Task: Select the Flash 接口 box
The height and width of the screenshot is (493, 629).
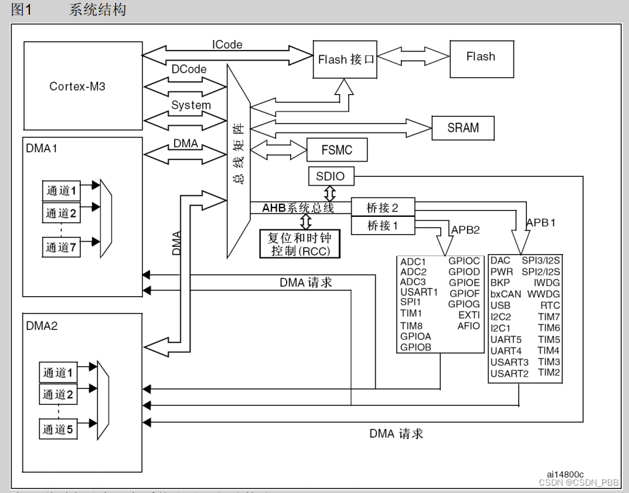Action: coord(346,59)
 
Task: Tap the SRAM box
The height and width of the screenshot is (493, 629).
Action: coord(464,127)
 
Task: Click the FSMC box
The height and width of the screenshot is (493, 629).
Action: coord(337,150)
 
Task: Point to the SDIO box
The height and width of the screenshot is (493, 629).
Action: coord(331,176)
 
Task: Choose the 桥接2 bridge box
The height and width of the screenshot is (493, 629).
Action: coord(382,207)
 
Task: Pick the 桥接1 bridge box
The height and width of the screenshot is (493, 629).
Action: coord(382,225)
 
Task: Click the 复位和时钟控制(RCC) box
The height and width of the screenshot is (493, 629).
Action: coord(299,244)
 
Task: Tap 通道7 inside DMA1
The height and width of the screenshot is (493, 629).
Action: coord(61,248)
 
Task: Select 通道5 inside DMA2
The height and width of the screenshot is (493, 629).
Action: coord(59,429)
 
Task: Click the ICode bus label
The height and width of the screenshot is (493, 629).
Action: coord(227,45)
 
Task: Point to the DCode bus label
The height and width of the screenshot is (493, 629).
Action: coord(189,69)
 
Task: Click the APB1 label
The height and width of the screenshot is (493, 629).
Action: coord(540,222)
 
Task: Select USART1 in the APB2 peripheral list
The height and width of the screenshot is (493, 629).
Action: coord(419,292)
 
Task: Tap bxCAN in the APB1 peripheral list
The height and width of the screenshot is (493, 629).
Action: coord(506,294)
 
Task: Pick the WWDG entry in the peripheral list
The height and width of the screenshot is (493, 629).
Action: coord(544,294)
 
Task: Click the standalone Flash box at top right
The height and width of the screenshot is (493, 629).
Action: coord(481,57)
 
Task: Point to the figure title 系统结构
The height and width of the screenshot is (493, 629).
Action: coord(97,10)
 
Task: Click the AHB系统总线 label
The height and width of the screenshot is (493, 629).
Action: coord(297,208)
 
